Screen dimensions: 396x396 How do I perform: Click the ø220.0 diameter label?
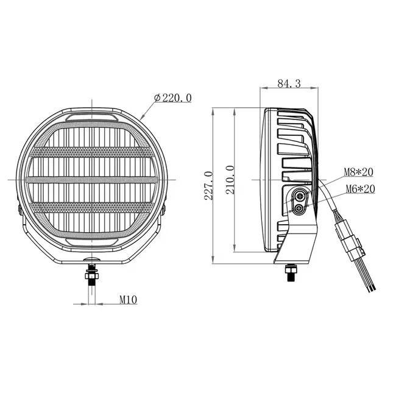tap(174, 97)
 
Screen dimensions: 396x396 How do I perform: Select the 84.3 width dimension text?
tap(289, 84)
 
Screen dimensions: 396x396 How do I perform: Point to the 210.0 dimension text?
tap(230, 180)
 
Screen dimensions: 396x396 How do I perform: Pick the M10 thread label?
tap(127, 299)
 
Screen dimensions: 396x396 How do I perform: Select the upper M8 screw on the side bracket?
tap(299, 196)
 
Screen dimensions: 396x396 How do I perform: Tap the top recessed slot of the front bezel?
tap(91, 116)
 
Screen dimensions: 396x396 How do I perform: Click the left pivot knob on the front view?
tap(18, 209)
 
